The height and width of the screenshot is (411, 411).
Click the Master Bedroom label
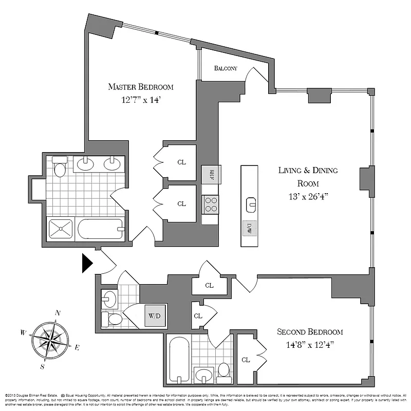click(x=140, y=87)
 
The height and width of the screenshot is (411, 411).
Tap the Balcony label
click(x=226, y=68)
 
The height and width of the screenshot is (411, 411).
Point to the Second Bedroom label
click(x=310, y=332)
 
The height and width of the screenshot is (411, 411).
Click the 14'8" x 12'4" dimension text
click(x=309, y=345)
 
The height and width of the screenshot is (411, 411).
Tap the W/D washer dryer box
click(x=154, y=315)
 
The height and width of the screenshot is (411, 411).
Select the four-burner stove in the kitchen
click(x=211, y=204)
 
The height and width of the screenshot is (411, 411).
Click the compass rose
click(x=51, y=340)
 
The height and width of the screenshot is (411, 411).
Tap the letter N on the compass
click(x=58, y=313)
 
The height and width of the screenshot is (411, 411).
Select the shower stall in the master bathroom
click(x=61, y=229)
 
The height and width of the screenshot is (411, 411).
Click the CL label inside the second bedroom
click(x=246, y=360)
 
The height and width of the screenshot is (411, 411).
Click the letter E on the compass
click(x=77, y=348)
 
